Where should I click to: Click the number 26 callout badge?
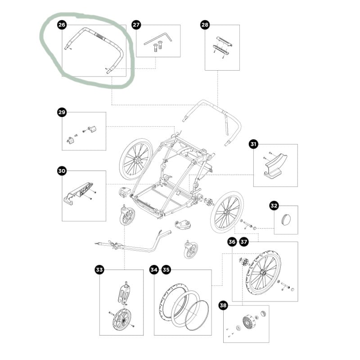pos(62,25)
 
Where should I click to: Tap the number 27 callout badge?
pos(136,25)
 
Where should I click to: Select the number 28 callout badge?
pos(205,25)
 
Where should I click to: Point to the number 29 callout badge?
pos(62,112)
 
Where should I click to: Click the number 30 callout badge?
pos(62,171)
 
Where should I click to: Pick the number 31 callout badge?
pos(253,144)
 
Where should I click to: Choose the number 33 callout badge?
pos(99,270)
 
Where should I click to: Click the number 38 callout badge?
pos(223,306)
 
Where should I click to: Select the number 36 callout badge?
pos(232,242)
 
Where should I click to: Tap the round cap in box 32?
pos(286,219)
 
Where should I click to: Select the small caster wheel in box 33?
pos(121,319)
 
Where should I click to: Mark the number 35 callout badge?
pos(166,270)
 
